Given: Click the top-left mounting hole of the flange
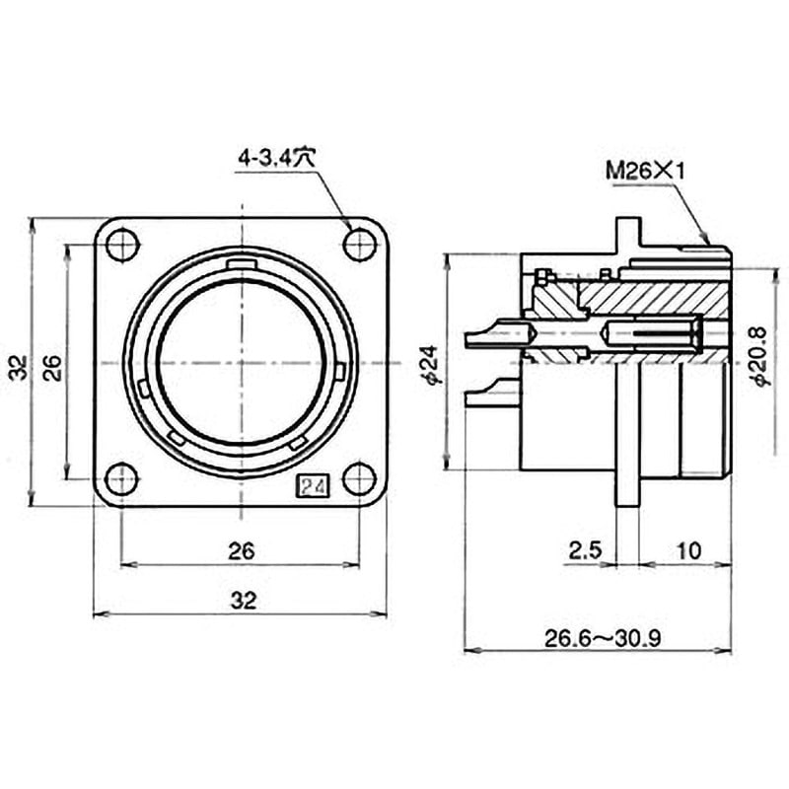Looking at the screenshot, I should (x=122, y=244).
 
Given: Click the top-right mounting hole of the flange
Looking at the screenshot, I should (x=359, y=244).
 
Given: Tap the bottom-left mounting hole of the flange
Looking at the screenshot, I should (x=122, y=479).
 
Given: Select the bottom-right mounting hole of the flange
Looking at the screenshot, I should (x=359, y=479).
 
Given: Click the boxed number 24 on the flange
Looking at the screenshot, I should (x=316, y=486).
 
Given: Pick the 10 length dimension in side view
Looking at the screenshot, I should (x=689, y=550).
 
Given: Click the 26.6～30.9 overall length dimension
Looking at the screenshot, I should (x=602, y=638).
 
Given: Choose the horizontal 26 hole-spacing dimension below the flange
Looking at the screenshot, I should (x=242, y=550).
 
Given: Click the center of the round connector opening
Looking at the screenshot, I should (x=241, y=362).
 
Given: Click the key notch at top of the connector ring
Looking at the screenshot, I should (x=242, y=264).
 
